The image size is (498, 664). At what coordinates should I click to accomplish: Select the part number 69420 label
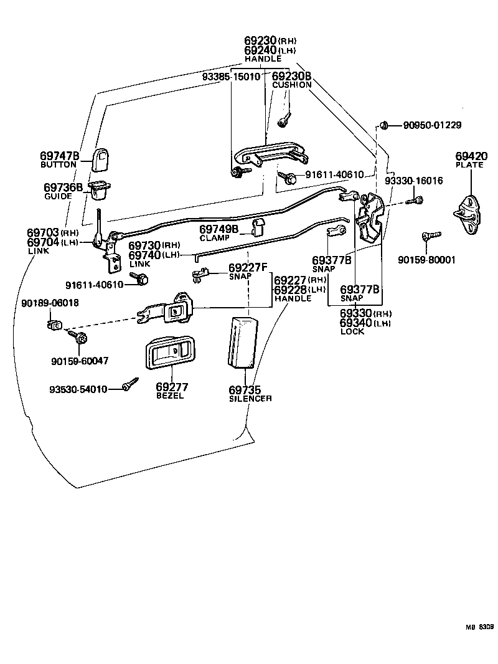point(469,156)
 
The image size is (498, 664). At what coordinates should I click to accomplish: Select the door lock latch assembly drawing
point(370,218)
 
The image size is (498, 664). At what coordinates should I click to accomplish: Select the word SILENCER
point(250,399)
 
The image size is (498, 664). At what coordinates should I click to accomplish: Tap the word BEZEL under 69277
point(170,396)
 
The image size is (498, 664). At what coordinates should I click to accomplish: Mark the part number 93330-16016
point(413,181)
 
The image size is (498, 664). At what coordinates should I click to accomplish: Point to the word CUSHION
point(291,85)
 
